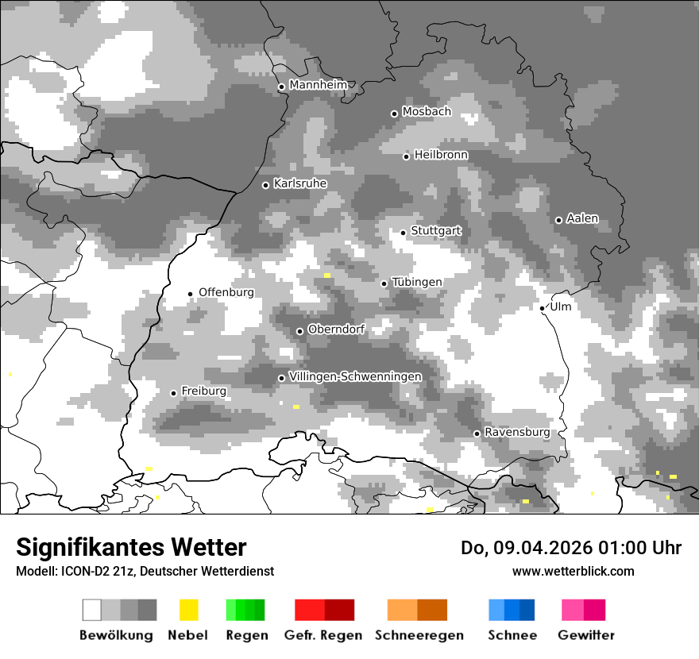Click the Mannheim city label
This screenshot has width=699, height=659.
point(319,85)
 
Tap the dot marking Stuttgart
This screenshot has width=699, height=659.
point(404,233)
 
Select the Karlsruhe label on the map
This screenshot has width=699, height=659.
point(300,183)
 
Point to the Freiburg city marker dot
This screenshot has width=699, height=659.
point(173,393)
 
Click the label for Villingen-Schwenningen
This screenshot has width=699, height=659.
point(356,376)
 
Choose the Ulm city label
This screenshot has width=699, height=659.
point(561,306)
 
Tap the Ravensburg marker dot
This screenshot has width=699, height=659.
point(477,434)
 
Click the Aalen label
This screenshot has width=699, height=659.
point(582,218)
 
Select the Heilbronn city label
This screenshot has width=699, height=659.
point(441,155)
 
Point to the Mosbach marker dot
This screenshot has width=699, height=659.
point(394,114)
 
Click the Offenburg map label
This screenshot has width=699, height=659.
point(226,292)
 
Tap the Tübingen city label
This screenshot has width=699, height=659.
point(417,282)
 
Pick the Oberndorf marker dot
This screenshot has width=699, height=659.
point(299,331)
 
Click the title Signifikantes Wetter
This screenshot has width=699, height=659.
point(131,547)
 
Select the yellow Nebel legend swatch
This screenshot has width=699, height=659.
point(188,610)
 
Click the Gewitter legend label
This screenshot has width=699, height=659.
point(586,635)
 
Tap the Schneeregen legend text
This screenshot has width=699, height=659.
point(419,635)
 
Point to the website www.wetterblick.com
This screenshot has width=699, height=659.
point(573,571)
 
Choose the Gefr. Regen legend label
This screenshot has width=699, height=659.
point(322,635)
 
